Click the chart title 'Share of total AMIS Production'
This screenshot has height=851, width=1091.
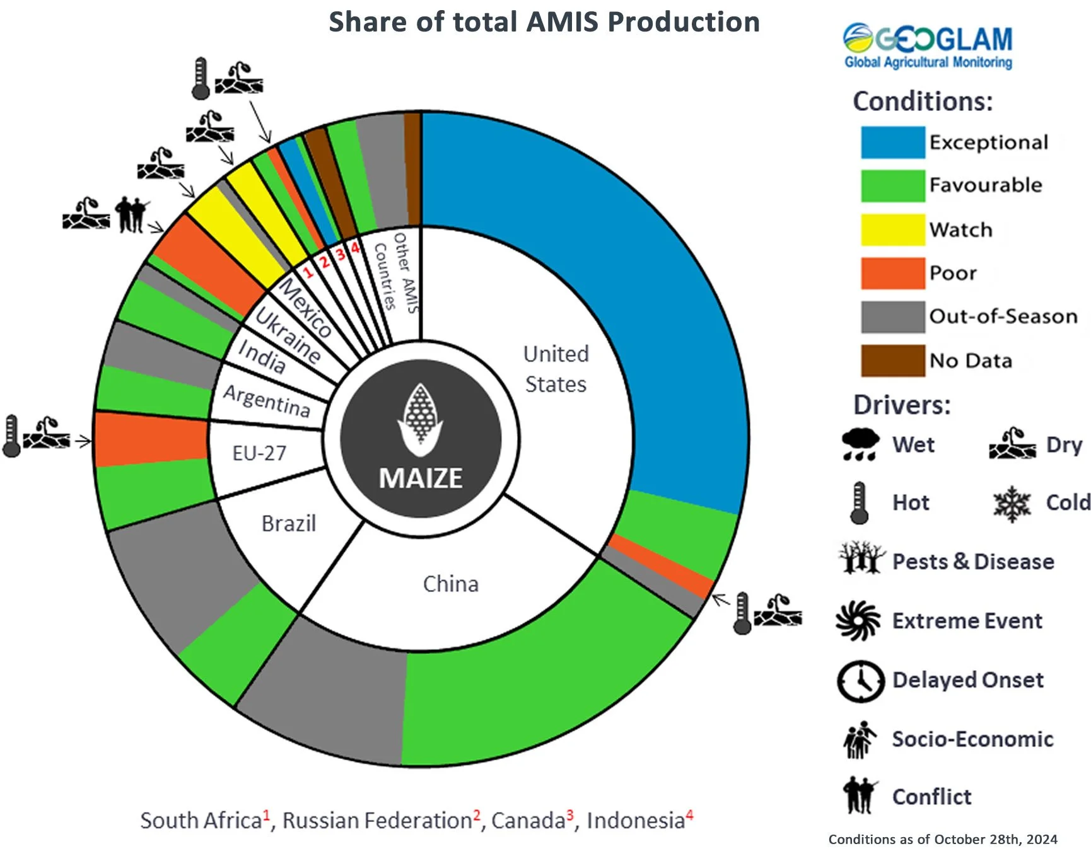tap(544, 22)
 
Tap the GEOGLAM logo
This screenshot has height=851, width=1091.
tap(928, 45)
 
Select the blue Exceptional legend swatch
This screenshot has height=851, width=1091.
tap(892, 142)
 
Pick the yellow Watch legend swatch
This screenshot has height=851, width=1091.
tap(892, 229)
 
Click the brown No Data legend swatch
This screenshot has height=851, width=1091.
tap(892, 361)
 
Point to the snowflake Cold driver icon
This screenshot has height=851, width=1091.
tap(1012, 504)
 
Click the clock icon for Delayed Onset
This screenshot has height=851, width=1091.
tap(860, 681)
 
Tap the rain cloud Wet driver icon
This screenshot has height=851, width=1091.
tap(860, 444)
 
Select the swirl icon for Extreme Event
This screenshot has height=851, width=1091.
tap(858, 621)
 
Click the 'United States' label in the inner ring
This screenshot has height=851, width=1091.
tap(556, 369)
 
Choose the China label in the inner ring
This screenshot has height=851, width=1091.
tap(450, 584)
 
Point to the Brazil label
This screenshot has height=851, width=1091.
tap(288, 524)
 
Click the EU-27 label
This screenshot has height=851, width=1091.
tap(259, 453)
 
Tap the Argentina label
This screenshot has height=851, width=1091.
tap(267, 401)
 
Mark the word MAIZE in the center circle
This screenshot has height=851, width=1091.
tap(421, 478)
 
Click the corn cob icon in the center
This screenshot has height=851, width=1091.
tap(420, 419)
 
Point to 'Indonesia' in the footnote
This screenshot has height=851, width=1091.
tap(635, 821)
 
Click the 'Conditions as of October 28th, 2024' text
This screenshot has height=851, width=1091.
tap(942, 840)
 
